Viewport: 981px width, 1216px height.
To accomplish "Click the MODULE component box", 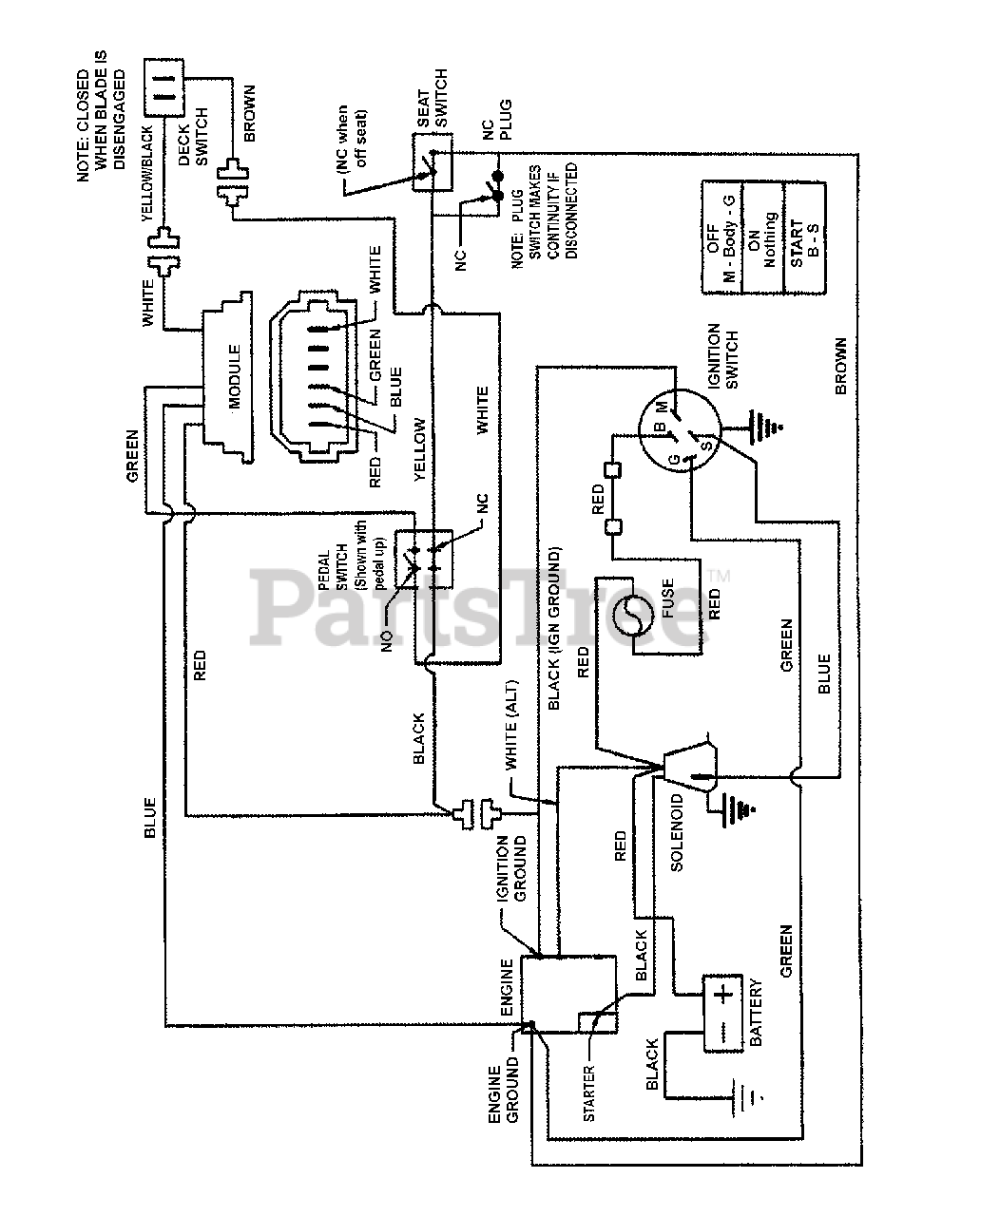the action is [x=227, y=377].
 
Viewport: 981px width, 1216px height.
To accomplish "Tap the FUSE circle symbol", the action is [x=633, y=616].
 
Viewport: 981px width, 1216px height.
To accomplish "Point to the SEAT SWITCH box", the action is [x=433, y=162].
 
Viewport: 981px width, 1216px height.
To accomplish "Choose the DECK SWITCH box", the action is [x=163, y=87].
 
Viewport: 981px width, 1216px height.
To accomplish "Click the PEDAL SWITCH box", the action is [x=424, y=559].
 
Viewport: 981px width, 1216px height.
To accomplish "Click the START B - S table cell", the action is [x=805, y=237].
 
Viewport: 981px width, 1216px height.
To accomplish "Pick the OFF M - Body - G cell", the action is [x=721, y=237].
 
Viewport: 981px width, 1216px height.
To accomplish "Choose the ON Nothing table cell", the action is [x=762, y=237].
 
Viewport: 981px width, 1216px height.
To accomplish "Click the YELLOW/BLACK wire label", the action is [x=146, y=174].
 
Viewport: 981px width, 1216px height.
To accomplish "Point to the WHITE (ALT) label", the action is [x=510, y=724].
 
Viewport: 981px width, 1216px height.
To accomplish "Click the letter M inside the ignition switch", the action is [x=663, y=405].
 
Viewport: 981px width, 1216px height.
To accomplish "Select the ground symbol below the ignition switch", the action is [x=764, y=427].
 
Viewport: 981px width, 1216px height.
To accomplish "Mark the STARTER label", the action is [x=588, y=1093].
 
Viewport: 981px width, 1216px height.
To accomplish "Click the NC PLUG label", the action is [x=497, y=120].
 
